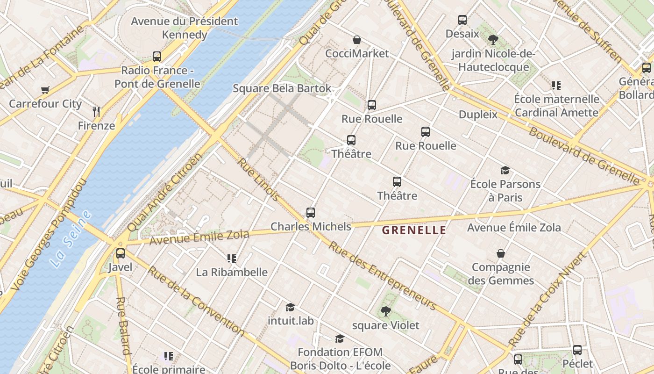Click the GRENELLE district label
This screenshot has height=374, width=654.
pos(414,230)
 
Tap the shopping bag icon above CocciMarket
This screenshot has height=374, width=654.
pos(357,40)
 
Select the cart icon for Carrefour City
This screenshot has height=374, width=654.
pos(45,90)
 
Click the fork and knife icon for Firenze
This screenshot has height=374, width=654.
pos(96,111)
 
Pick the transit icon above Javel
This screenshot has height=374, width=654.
pos(121,253)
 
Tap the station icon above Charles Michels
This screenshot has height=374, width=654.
pos(311,213)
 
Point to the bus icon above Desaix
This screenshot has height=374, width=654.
pos(462,20)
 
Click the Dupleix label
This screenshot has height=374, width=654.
pos(478,115)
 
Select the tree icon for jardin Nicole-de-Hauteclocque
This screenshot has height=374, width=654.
pos(493,40)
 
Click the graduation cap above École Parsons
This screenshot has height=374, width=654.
pos(505,170)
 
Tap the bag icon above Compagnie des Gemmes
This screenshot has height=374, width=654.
pos(501,253)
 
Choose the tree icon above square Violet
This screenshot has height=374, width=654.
pos(385,311)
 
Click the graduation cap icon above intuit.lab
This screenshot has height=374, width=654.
pos(291,307)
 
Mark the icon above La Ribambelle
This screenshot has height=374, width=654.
pos(231,258)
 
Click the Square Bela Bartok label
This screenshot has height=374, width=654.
pos(282,88)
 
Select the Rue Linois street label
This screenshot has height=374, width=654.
pos(259,180)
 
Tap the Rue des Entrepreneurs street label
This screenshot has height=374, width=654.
pos(383,276)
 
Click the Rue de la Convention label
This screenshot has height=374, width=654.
pos(196,300)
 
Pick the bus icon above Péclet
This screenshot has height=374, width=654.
pos(577,350)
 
